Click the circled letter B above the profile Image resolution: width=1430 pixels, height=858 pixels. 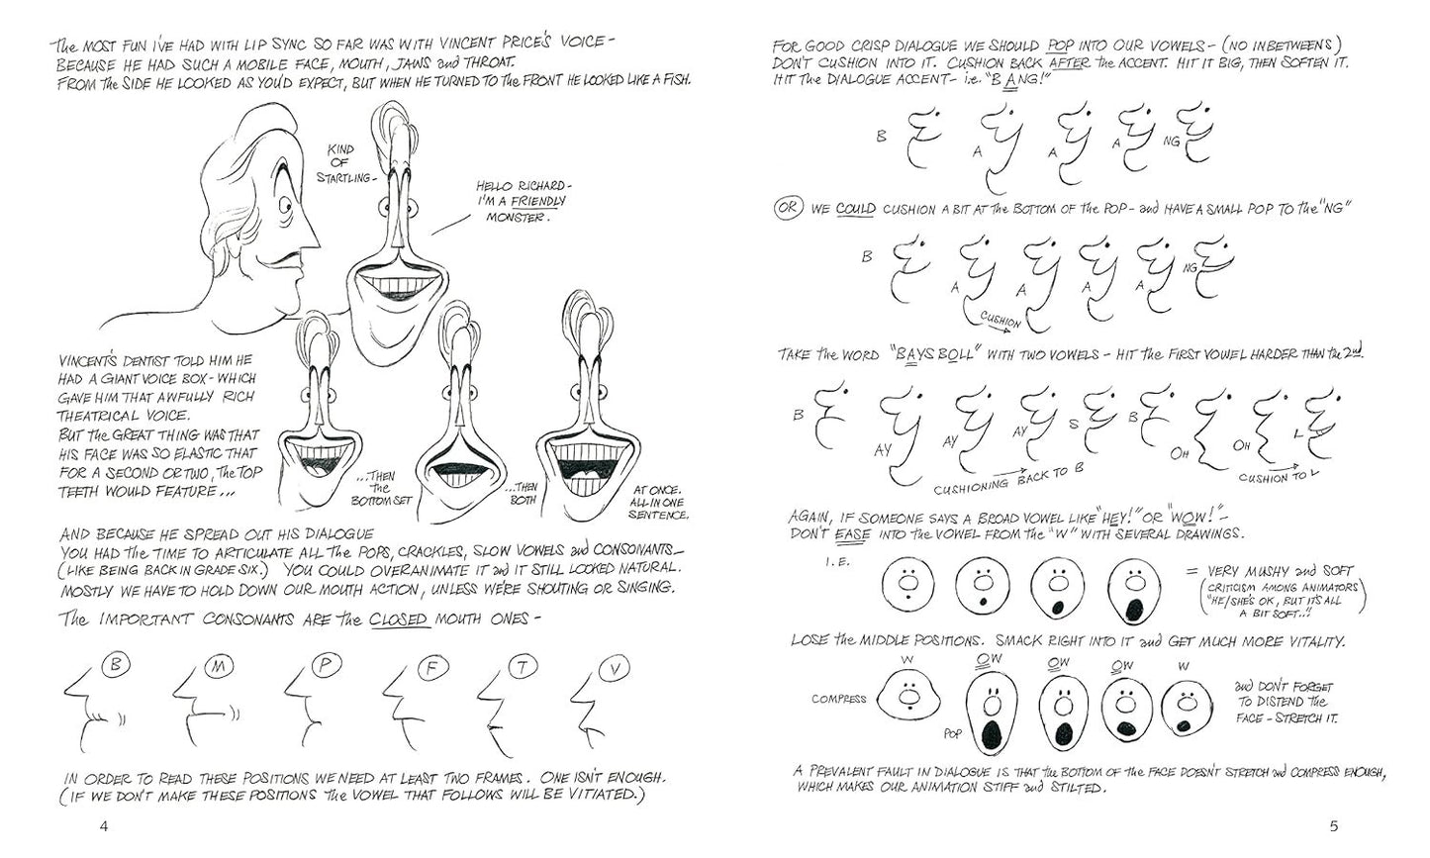[x=115, y=666]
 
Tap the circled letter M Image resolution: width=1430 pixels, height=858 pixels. [x=219, y=667]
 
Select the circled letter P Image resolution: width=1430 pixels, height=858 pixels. [x=323, y=666]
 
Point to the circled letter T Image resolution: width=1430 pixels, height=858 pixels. [x=519, y=669]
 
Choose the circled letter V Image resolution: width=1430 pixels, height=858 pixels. [x=616, y=670]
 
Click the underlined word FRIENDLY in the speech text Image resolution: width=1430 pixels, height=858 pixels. [x=537, y=201]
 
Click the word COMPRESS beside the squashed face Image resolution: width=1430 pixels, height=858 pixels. [x=838, y=699]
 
